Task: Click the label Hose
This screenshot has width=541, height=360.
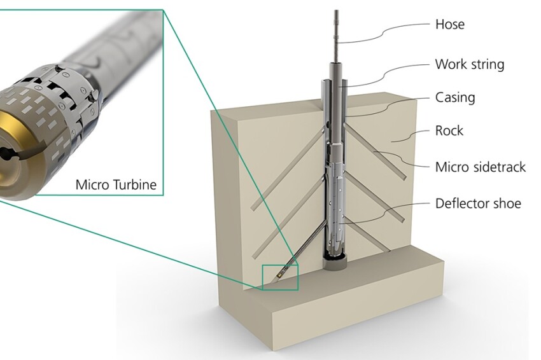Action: [x=449, y=25]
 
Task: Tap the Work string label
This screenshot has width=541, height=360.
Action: [x=469, y=64]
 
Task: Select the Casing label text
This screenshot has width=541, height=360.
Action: [x=455, y=97]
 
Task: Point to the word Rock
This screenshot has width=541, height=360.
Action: [x=449, y=130]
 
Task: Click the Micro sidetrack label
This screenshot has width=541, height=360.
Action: [x=481, y=167]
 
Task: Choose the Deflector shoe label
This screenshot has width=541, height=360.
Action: [x=478, y=204]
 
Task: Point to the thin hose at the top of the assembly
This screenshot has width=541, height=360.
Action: [x=336, y=32]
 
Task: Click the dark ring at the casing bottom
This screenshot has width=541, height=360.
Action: [x=335, y=260]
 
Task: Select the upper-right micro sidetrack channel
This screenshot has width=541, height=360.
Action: [x=382, y=152]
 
